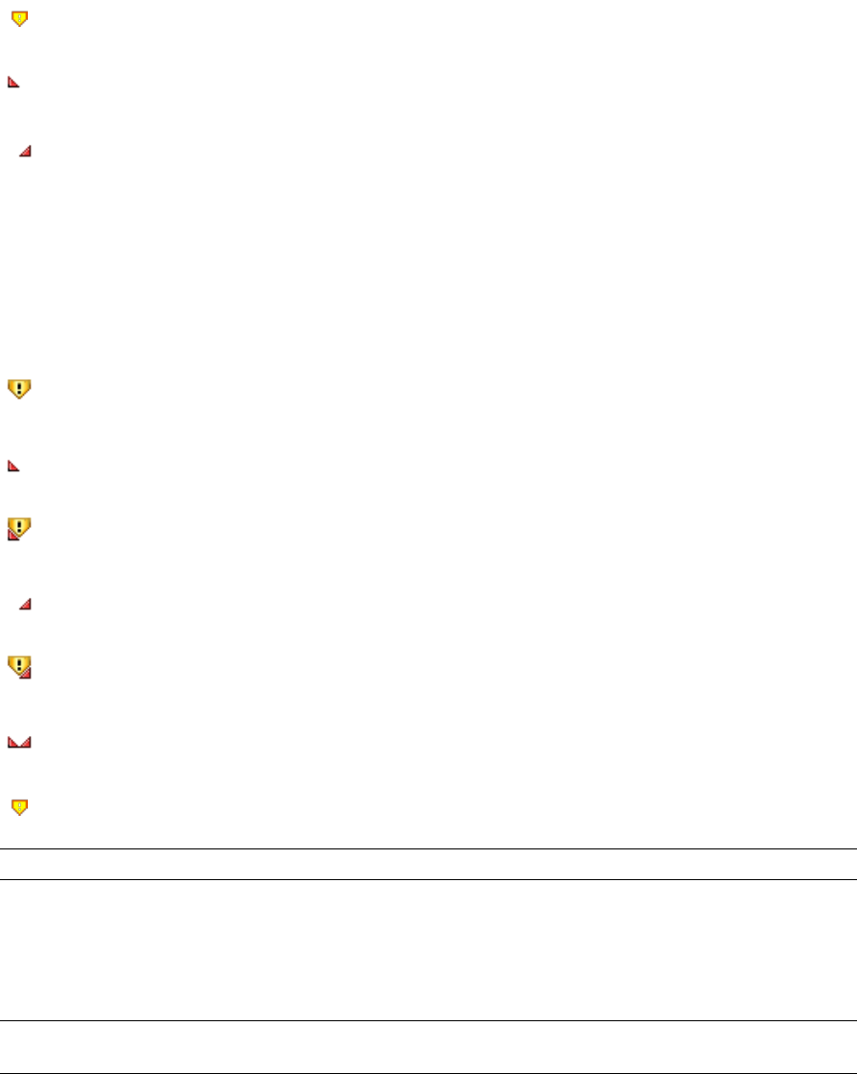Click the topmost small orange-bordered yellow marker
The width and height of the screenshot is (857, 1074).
(19, 17)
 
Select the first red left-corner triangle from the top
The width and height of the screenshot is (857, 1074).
(13, 84)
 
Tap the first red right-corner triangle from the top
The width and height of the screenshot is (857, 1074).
(26, 151)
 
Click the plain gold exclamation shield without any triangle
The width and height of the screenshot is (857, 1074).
(19, 388)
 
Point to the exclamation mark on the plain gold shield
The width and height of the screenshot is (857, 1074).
(19, 387)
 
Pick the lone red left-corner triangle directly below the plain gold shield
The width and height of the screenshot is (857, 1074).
(13, 466)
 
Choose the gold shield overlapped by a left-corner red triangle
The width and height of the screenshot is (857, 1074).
(20, 526)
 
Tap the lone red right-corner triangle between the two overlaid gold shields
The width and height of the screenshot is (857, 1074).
(26, 604)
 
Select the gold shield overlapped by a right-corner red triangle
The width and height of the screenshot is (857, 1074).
(19, 664)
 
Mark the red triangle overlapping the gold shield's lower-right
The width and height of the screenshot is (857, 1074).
(26, 673)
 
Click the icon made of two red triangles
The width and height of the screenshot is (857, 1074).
(19, 742)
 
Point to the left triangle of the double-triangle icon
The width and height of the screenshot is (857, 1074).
(12, 742)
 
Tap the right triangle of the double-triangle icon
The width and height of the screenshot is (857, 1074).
(27, 742)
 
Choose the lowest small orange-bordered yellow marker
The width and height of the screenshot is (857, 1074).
(19, 808)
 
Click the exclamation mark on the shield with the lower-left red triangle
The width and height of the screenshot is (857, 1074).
(21, 524)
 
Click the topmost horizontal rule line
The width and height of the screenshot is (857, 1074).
(428, 848)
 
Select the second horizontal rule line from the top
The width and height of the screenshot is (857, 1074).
(428, 879)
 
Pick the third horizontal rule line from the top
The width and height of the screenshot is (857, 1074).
(428, 1020)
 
